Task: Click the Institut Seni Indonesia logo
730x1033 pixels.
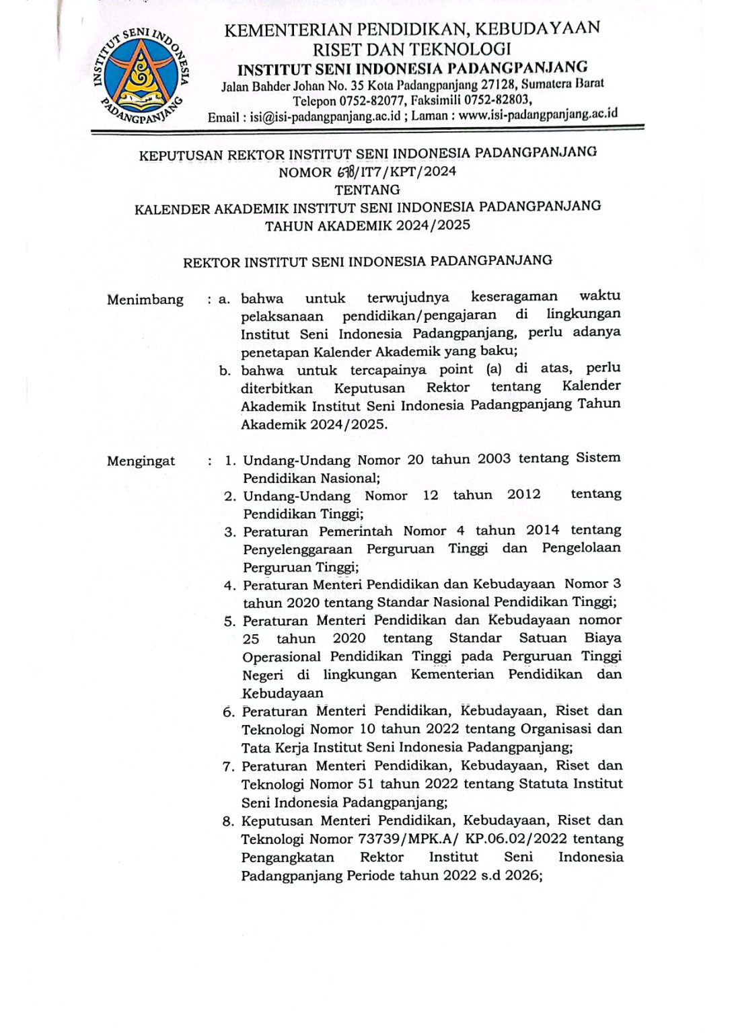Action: (141, 77)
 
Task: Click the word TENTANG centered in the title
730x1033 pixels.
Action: (367, 190)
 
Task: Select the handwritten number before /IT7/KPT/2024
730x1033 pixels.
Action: (347, 171)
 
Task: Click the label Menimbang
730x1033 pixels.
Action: (145, 300)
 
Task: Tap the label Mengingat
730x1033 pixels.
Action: (141, 461)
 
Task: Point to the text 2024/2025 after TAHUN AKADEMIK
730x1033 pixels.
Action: (433, 225)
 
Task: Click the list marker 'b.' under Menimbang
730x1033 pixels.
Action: (225, 371)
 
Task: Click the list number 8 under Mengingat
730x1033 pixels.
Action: (229, 821)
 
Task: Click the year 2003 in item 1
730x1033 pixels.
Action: (499, 459)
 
